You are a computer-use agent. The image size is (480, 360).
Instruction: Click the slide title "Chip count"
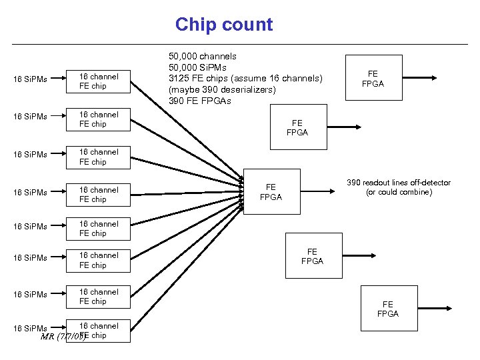click(x=224, y=25)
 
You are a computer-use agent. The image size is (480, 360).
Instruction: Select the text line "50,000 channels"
click(x=203, y=57)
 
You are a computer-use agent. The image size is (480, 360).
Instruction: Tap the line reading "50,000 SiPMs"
click(x=198, y=67)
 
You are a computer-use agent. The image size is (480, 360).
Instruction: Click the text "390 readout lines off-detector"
click(x=399, y=183)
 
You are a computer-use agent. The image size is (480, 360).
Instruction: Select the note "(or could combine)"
click(x=399, y=193)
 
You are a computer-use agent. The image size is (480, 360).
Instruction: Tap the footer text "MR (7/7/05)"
click(x=63, y=336)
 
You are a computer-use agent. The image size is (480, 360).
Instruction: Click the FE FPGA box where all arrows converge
click(x=271, y=192)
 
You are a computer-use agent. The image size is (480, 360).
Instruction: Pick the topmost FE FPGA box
click(x=373, y=78)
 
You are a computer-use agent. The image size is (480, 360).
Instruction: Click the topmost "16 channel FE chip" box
click(x=99, y=81)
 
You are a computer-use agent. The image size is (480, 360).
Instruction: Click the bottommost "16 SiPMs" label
click(x=31, y=328)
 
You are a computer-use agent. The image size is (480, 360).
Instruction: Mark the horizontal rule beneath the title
click(x=240, y=43)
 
